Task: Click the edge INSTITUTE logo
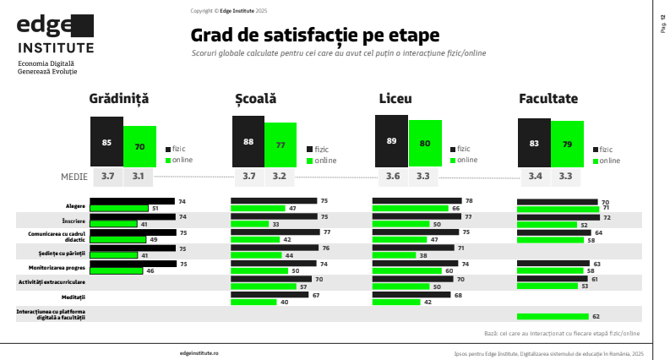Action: coord(56,34)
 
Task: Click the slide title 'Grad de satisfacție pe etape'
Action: coord(315,36)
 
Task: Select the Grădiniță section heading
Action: coord(119,99)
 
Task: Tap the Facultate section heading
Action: coord(548,99)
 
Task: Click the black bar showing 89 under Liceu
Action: coord(391,141)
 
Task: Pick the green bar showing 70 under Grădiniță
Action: coord(139,146)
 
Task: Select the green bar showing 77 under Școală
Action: coord(280,145)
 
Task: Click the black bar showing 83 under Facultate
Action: coord(534,143)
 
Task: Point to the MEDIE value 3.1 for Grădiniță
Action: coord(139,177)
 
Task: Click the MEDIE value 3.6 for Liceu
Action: coord(393,177)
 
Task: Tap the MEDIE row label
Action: coord(75,177)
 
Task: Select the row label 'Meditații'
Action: coord(74,297)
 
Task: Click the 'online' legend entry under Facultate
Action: coord(609,160)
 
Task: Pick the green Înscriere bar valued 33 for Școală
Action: coord(250,224)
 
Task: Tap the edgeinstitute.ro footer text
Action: coord(199,352)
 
